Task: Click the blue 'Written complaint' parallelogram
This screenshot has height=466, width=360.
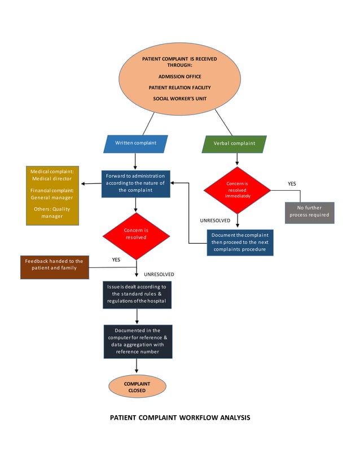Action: pyautogui.click(x=135, y=143)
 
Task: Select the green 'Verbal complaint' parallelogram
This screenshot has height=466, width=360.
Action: pyautogui.click(x=234, y=143)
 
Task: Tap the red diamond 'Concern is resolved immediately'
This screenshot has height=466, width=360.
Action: pyautogui.click(x=238, y=190)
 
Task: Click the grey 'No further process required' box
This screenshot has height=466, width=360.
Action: pyautogui.click(x=309, y=212)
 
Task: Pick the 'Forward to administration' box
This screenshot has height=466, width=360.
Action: pyautogui.click(x=135, y=183)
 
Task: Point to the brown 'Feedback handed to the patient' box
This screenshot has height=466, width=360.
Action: pyautogui.click(x=54, y=267)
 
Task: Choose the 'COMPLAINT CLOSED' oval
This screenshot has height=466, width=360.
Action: pyautogui.click(x=137, y=387)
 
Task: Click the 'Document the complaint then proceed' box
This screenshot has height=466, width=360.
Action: pyautogui.click(x=240, y=242)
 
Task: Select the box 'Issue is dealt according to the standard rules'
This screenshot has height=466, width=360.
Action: pyautogui.click(x=137, y=294)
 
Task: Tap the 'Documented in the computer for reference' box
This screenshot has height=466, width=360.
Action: pyautogui.click(x=137, y=341)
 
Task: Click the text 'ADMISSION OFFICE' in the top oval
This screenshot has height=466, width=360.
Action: pyautogui.click(x=179, y=77)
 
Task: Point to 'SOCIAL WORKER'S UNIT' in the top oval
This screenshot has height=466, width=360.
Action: pyautogui.click(x=179, y=99)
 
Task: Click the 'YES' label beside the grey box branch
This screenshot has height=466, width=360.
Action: pyautogui.click(x=292, y=184)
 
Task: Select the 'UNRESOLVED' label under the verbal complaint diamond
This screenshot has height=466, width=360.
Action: pyautogui.click(x=215, y=221)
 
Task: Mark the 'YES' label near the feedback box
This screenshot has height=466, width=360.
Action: pyautogui.click(x=116, y=260)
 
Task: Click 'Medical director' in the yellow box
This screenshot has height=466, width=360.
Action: pyautogui.click(x=52, y=178)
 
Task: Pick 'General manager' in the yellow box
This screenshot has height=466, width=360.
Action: pyautogui.click(x=52, y=197)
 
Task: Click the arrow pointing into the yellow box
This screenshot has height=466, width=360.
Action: pyautogui.click(x=85, y=184)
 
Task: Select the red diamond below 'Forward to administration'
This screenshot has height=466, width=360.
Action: pyautogui.click(x=136, y=234)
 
